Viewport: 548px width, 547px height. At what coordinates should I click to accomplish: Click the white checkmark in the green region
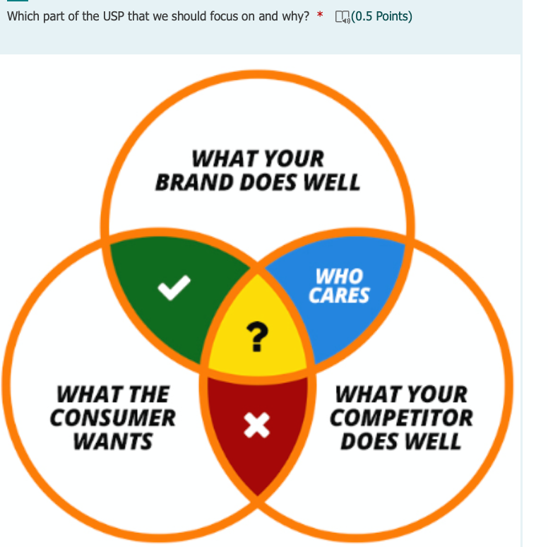[x=174, y=286]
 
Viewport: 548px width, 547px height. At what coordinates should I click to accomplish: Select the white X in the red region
[x=257, y=425]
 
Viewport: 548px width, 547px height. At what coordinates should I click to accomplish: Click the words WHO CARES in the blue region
[x=339, y=286]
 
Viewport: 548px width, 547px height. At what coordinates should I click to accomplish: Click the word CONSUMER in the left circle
[x=113, y=418]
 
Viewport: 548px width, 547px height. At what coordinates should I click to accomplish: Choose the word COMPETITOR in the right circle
[x=401, y=418]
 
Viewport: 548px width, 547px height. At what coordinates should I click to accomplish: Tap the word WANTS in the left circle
[x=113, y=441]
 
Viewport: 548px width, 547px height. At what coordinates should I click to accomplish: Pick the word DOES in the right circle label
[x=369, y=441]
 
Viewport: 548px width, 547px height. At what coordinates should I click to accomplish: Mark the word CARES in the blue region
[x=339, y=295]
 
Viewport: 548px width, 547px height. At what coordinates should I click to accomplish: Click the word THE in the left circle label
[x=146, y=394]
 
